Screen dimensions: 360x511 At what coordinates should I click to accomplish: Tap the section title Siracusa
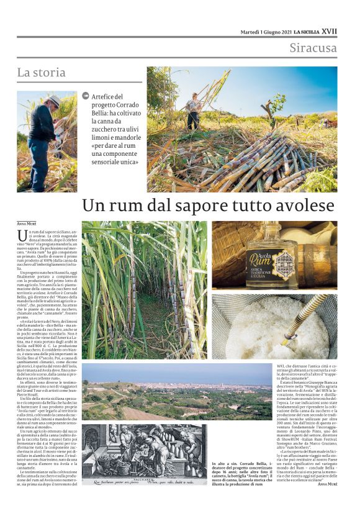point(313,48)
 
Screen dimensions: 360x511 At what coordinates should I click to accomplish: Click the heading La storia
point(41,73)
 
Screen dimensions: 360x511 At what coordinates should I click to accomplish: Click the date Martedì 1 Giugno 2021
point(266,31)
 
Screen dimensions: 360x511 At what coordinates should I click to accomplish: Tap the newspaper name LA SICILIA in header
point(307,31)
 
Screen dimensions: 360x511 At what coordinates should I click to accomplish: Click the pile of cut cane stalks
point(248,158)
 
